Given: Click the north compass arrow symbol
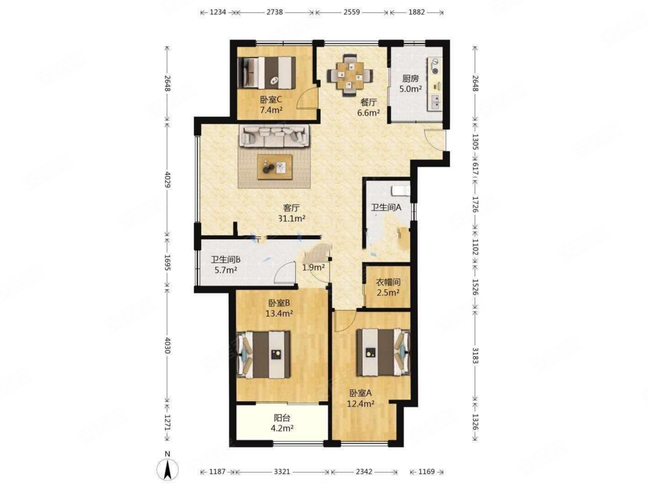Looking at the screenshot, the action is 167,470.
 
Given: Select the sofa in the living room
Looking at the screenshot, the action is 274,136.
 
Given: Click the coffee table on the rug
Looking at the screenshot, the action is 274,167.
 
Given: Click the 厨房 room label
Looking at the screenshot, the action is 410,79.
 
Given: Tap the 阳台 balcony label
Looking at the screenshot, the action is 282,419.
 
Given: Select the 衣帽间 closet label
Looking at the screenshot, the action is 388,283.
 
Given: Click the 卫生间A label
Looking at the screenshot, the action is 386,208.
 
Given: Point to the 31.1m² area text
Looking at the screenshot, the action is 292,218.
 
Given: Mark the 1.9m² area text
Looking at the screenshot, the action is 313,267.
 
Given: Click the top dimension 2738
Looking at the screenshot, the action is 274,12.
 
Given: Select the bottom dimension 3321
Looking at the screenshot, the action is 282,471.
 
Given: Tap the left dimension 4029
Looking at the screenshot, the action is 167,179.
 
